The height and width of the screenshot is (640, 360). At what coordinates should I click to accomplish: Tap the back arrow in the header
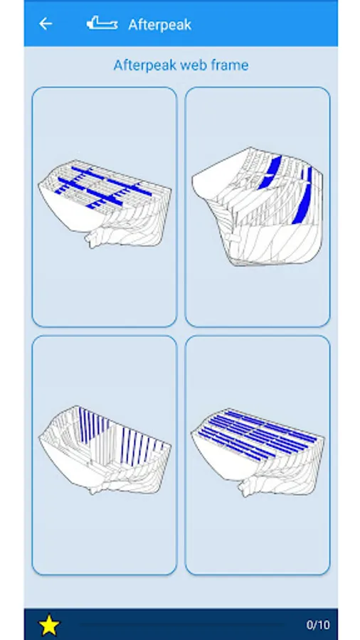point(46,24)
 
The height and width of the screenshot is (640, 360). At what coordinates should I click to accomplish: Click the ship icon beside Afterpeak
point(102,23)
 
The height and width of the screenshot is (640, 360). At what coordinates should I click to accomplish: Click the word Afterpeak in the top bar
point(159,25)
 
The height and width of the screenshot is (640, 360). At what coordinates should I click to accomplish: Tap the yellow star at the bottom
point(49,624)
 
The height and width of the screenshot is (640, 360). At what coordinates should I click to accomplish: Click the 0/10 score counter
point(318,624)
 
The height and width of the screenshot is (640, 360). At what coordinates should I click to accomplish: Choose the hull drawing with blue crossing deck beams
point(105,203)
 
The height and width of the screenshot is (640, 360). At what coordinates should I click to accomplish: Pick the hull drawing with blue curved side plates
point(258,206)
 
